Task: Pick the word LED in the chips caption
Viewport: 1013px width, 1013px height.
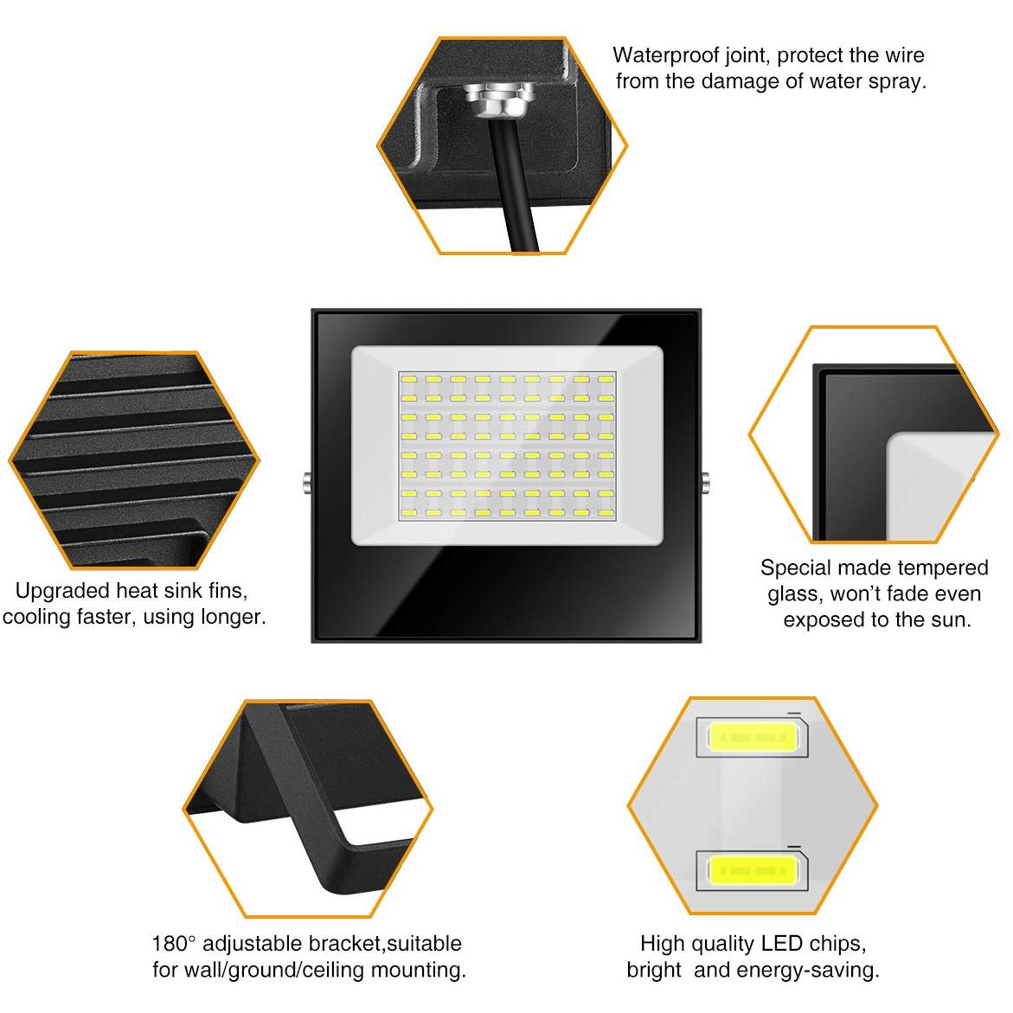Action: click(781, 944)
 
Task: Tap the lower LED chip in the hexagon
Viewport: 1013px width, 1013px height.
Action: click(752, 870)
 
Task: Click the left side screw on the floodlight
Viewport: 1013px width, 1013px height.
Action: click(306, 482)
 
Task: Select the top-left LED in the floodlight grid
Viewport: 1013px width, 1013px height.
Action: click(409, 380)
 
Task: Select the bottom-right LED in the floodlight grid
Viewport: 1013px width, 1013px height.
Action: click(605, 513)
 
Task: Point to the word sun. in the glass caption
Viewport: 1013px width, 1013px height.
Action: click(952, 620)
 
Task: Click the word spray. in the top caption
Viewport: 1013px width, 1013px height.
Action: click(897, 81)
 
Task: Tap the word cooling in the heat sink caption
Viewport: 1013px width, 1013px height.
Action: click(39, 618)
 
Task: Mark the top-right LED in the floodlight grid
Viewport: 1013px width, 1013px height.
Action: click(605, 380)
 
